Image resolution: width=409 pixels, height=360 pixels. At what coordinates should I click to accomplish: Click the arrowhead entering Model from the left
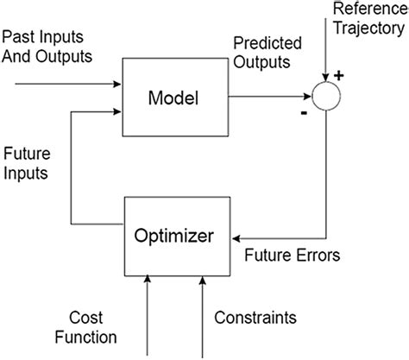coord(119,85)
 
